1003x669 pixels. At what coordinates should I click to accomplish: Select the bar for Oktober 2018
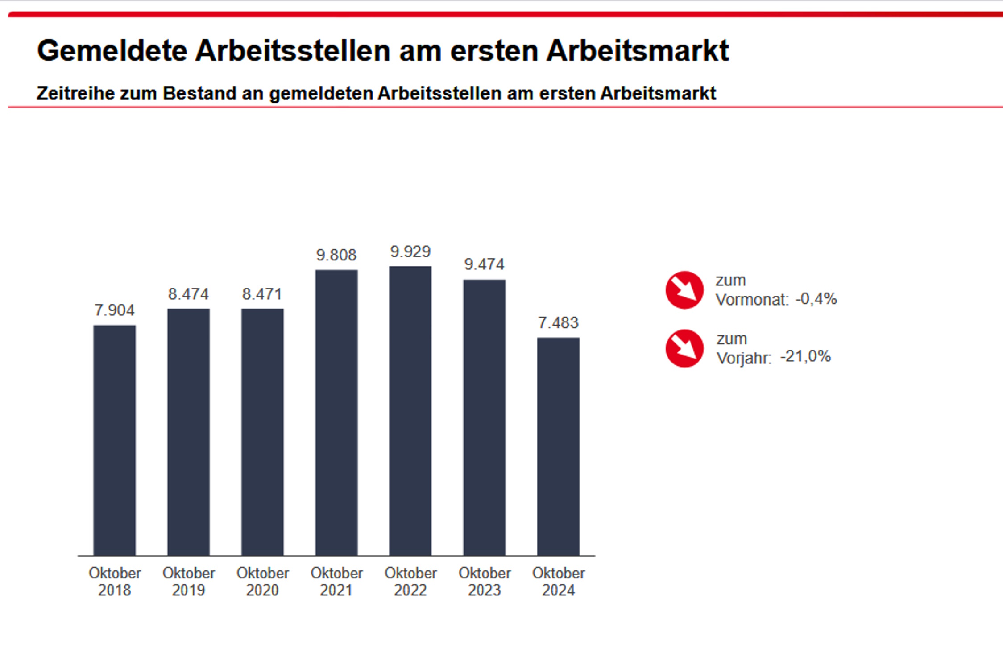pos(114,440)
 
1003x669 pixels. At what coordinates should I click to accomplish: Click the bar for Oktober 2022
pos(410,410)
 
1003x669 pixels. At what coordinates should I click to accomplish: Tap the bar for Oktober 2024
pos(558,446)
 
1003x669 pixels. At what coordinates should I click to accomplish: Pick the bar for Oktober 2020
pos(262,432)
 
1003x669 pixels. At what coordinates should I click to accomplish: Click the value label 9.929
pos(410,252)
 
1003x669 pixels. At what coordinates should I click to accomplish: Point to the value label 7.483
pos(558,323)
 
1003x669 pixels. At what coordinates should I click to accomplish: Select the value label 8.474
pos(188,294)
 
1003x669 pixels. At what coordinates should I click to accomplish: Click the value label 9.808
pos(336,255)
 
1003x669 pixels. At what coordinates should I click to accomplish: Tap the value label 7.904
pos(114,310)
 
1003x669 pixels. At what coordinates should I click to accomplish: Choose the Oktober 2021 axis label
pos(336,582)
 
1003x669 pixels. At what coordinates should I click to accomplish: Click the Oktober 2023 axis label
pos(485,582)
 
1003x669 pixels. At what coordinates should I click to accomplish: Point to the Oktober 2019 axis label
pos(188,582)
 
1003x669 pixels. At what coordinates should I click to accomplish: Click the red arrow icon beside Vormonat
pos(684,290)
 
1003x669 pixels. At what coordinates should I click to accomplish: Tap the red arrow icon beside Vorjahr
pos(684,348)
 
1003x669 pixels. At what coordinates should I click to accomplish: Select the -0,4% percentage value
pos(816,299)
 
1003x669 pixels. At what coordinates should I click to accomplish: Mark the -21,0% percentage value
pos(806,357)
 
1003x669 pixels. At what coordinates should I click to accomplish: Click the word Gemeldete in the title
pos(112,51)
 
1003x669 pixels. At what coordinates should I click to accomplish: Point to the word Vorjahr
pos(744,358)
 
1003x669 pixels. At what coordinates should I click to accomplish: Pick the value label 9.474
pos(484,264)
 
